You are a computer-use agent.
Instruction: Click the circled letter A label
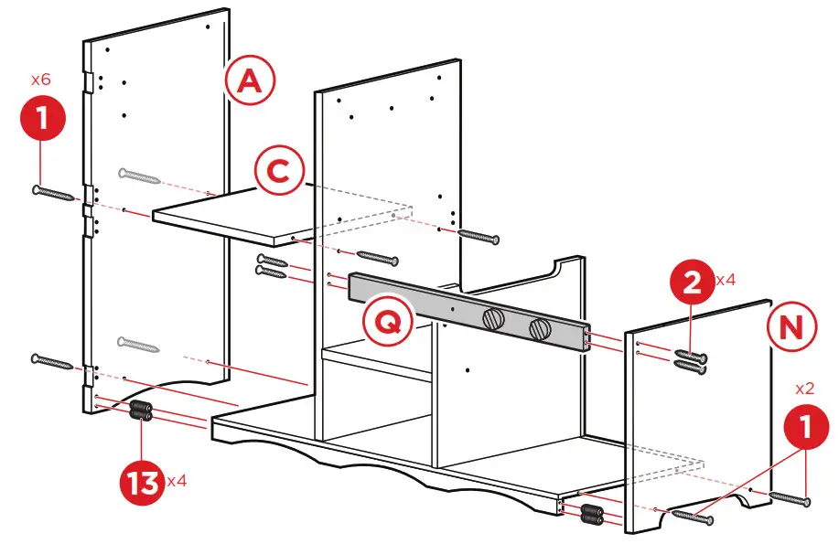point(249,83)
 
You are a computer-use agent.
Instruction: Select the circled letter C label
point(278,171)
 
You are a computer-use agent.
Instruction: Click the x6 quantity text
point(40,80)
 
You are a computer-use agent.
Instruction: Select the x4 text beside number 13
point(177,480)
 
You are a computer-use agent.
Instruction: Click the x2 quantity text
point(806,388)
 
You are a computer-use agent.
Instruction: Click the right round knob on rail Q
point(538,327)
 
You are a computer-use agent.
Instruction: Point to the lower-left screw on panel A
point(53,362)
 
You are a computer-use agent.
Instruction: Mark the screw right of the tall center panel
point(479,236)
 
